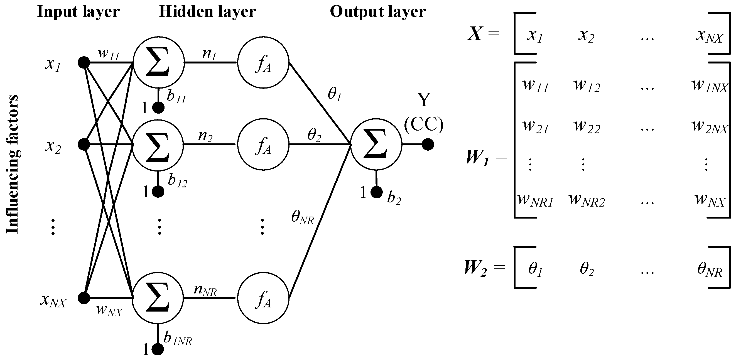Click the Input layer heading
point(78,12)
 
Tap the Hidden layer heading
point(207,12)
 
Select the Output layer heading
point(378,12)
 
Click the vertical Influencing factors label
point(12,164)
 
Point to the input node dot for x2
point(84,144)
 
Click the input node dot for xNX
point(84,298)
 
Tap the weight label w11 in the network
point(108,54)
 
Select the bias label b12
point(177,181)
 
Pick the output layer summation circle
point(376,144)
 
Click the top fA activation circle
point(263,62)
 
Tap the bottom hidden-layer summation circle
point(158,298)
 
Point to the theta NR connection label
point(302,218)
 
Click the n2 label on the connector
point(205,136)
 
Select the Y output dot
point(428,144)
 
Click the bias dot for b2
point(377,192)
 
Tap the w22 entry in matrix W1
point(587,126)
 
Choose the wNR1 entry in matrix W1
point(535,200)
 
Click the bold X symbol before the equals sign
point(475,33)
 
